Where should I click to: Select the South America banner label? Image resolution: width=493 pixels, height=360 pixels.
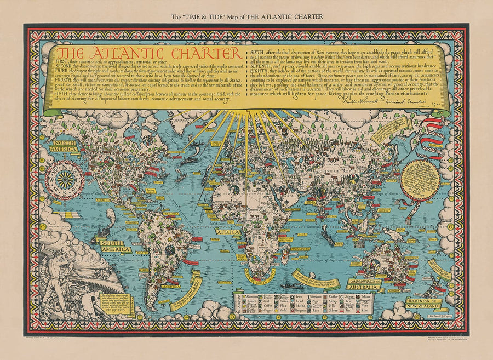(115, 245)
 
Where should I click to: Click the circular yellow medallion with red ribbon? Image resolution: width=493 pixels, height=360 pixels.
(420, 180)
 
